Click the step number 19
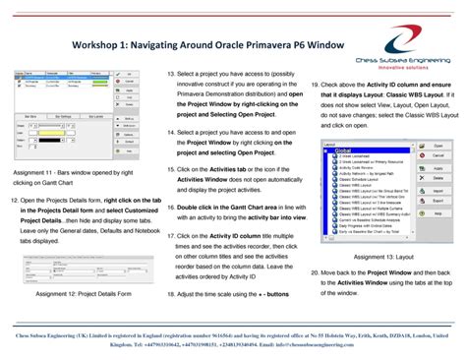point(314,86)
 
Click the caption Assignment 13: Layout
point(386,255)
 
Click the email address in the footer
point(316,345)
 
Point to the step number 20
point(314,270)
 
